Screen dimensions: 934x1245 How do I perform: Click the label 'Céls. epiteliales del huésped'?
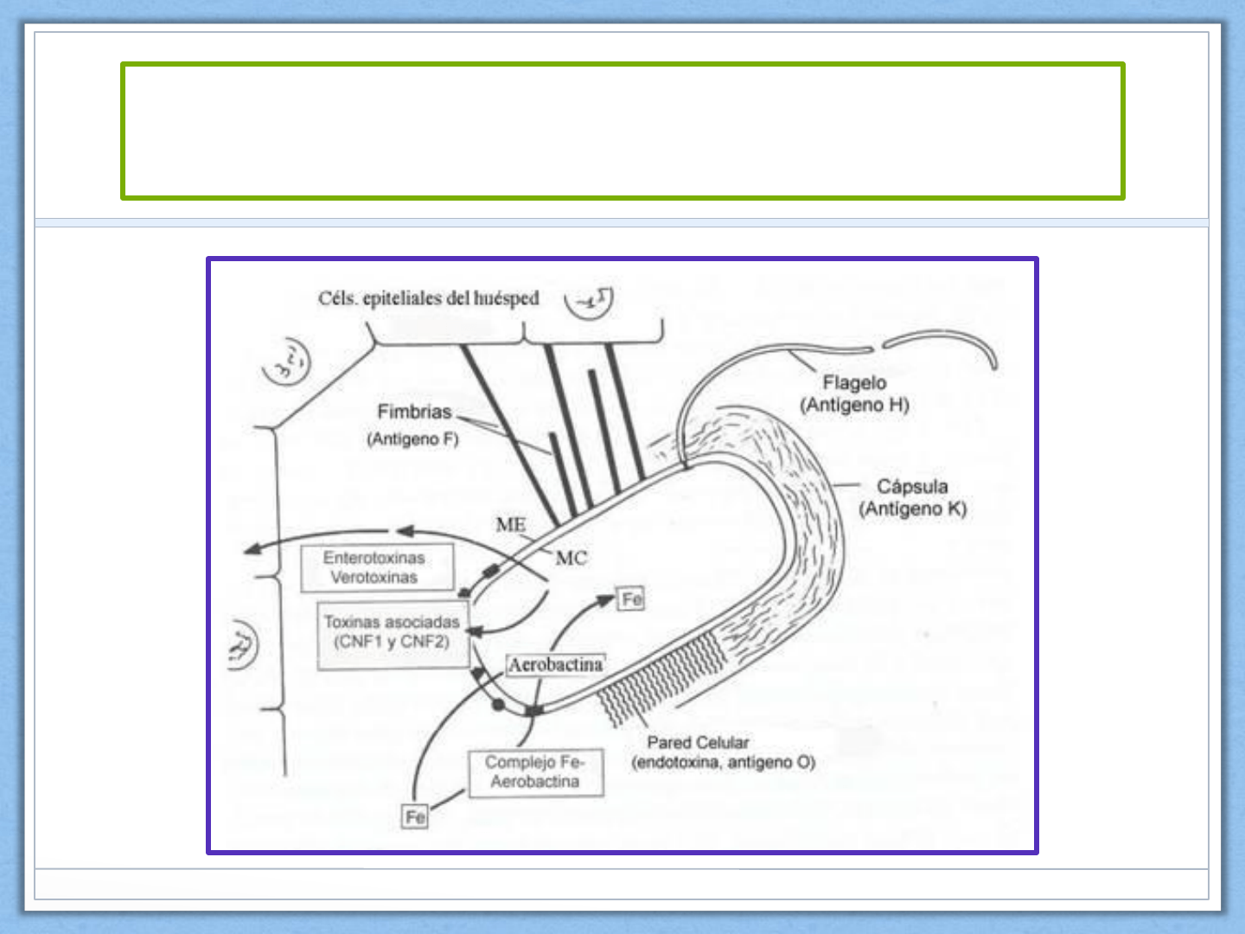click(x=428, y=298)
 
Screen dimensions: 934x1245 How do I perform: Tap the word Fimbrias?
click(x=414, y=412)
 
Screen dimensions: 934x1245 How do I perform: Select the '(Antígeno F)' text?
click(x=412, y=439)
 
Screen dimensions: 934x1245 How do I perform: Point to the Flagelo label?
click(x=854, y=382)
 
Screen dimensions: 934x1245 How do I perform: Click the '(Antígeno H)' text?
click(x=854, y=405)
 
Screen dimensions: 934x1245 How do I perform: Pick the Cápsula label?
click(x=912, y=486)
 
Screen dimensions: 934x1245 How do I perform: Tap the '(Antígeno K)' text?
click(x=912, y=509)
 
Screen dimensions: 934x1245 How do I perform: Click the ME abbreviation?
click(x=510, y=524)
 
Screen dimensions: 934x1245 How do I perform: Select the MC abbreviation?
click(x=571, y=558)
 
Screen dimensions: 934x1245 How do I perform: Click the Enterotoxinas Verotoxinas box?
click(x=376, y=568)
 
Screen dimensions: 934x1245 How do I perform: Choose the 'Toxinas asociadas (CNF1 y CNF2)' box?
click(x=391, y=632)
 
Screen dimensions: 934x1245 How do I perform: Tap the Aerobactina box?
click(x=555, y=664)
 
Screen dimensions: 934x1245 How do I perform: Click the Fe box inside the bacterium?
click(x=632, y=598)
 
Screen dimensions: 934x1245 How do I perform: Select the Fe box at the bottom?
click(x=415, y=816)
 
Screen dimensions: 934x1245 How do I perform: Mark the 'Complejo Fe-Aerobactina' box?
click(x=535, y=771)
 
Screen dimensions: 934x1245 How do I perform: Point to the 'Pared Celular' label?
click(x=698, y=742)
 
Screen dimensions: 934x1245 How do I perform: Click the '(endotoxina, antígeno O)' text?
click(x=723, y=762)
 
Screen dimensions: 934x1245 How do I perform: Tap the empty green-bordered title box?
click(x=622, y=131)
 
